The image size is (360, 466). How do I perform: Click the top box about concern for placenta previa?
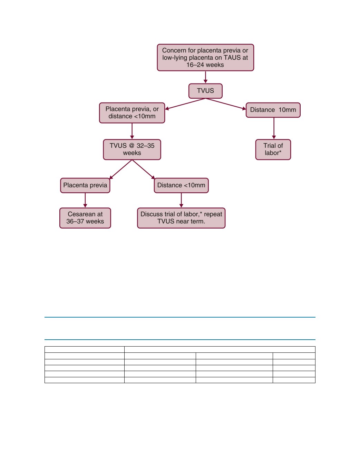pos(205,57)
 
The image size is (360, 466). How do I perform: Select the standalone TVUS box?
pos(205,91)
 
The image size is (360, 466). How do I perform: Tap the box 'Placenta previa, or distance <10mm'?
pos(132,113)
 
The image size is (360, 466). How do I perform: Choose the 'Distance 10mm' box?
pos(273,110)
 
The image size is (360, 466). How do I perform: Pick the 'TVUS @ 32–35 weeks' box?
pos(132,149)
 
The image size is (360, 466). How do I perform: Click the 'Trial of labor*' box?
pos(273,149)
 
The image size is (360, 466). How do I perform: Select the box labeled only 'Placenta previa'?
pos(85,185)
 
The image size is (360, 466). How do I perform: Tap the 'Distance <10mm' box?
pos(181,185)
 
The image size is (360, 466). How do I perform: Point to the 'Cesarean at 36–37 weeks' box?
pos(85,218)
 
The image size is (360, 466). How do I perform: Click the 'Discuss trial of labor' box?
pos(181,218)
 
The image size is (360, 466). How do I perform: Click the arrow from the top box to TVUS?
pos(205,77)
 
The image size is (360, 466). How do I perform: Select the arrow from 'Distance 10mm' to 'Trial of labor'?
pos(274,128)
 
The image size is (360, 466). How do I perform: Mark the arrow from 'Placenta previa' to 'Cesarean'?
pos(85,200)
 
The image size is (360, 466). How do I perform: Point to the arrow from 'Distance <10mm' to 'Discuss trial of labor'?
pos(181,200)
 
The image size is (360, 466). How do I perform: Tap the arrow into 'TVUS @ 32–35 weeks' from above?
pos(132,131)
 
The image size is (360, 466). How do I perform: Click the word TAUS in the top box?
pos(232,58)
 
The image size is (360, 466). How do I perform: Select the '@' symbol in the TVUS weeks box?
pos(132,146)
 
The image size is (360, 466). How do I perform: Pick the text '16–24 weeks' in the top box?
pos(205,65)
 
